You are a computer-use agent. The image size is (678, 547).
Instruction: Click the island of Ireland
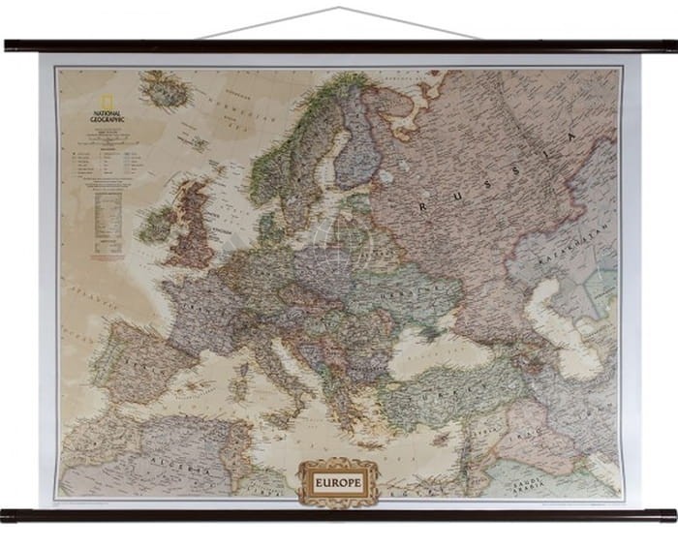[156, 225]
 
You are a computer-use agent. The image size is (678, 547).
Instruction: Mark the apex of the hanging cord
[338, 9]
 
